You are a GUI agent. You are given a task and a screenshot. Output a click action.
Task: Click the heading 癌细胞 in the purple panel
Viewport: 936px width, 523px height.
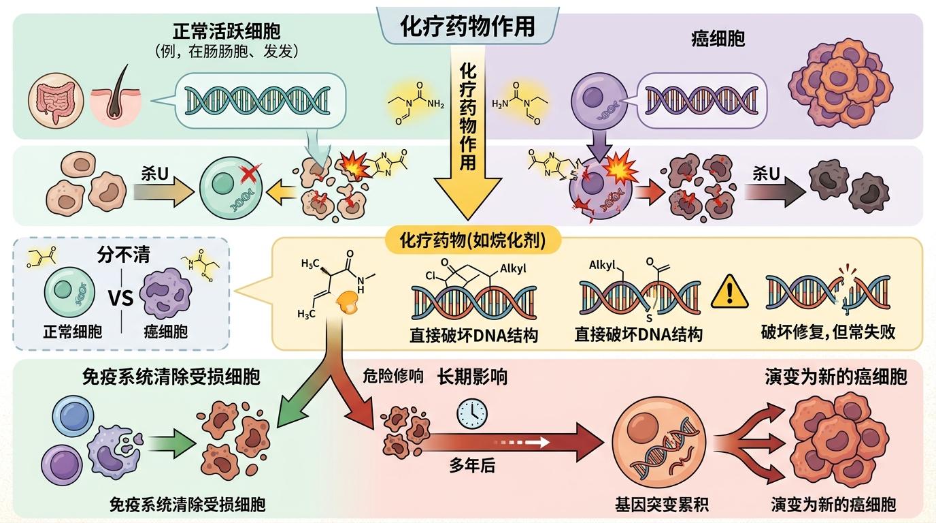[717, 38]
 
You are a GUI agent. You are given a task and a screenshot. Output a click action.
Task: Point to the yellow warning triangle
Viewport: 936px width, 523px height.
[729, 293]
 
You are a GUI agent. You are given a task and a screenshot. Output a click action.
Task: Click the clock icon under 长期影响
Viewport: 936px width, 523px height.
[472, 413]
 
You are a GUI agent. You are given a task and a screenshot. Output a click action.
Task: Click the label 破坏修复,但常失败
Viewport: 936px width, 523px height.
[828, 332]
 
